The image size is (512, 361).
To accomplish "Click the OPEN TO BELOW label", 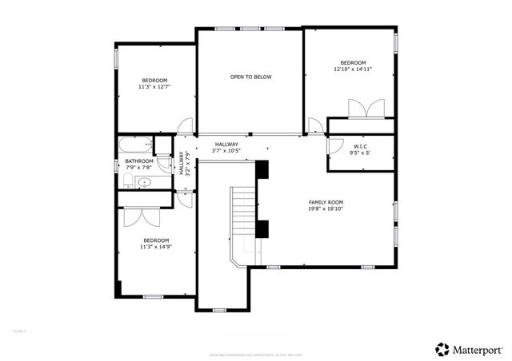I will click(250, 77).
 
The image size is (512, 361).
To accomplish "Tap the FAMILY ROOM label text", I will click(326, 202).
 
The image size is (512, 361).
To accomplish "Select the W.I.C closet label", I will click(360, 146).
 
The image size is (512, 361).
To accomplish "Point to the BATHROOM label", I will click(138, 161).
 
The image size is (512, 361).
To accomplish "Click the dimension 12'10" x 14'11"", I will click(352, 69).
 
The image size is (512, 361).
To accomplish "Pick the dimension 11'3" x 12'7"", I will click(155, 87).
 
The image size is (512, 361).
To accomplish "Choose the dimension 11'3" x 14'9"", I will click(156, 247).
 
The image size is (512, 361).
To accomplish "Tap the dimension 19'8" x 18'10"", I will click(326, 209).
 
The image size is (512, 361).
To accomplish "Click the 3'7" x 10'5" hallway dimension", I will click(226, 151).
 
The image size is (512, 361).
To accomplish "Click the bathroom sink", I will click(143, 182).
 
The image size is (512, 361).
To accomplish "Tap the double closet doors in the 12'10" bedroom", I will click(360, 109).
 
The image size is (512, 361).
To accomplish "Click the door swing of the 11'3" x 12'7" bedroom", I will click(185, 126).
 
